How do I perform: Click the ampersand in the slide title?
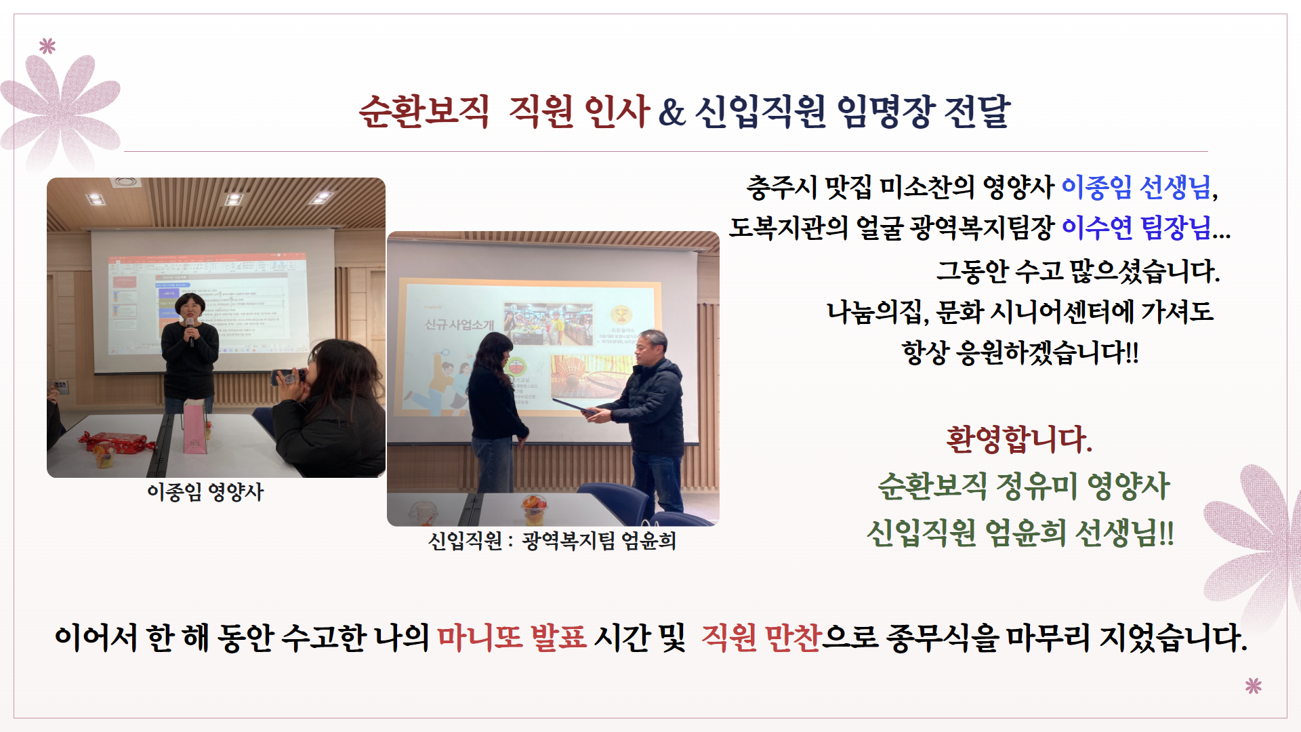[671, 113]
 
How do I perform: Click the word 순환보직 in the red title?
[424, 111]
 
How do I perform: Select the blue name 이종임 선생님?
[1136, 187]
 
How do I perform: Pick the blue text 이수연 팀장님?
[1136, 228]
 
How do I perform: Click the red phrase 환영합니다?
[1019, 439]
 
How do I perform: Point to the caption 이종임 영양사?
[205, 492]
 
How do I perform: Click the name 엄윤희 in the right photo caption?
[649, 541]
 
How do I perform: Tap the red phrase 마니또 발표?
[512, 638]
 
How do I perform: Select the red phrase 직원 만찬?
[762, 638]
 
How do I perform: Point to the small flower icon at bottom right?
[1254, 686]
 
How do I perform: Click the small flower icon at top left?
[47, 46]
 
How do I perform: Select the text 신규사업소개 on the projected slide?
[459, 325]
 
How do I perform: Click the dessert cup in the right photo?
[534, 510]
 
